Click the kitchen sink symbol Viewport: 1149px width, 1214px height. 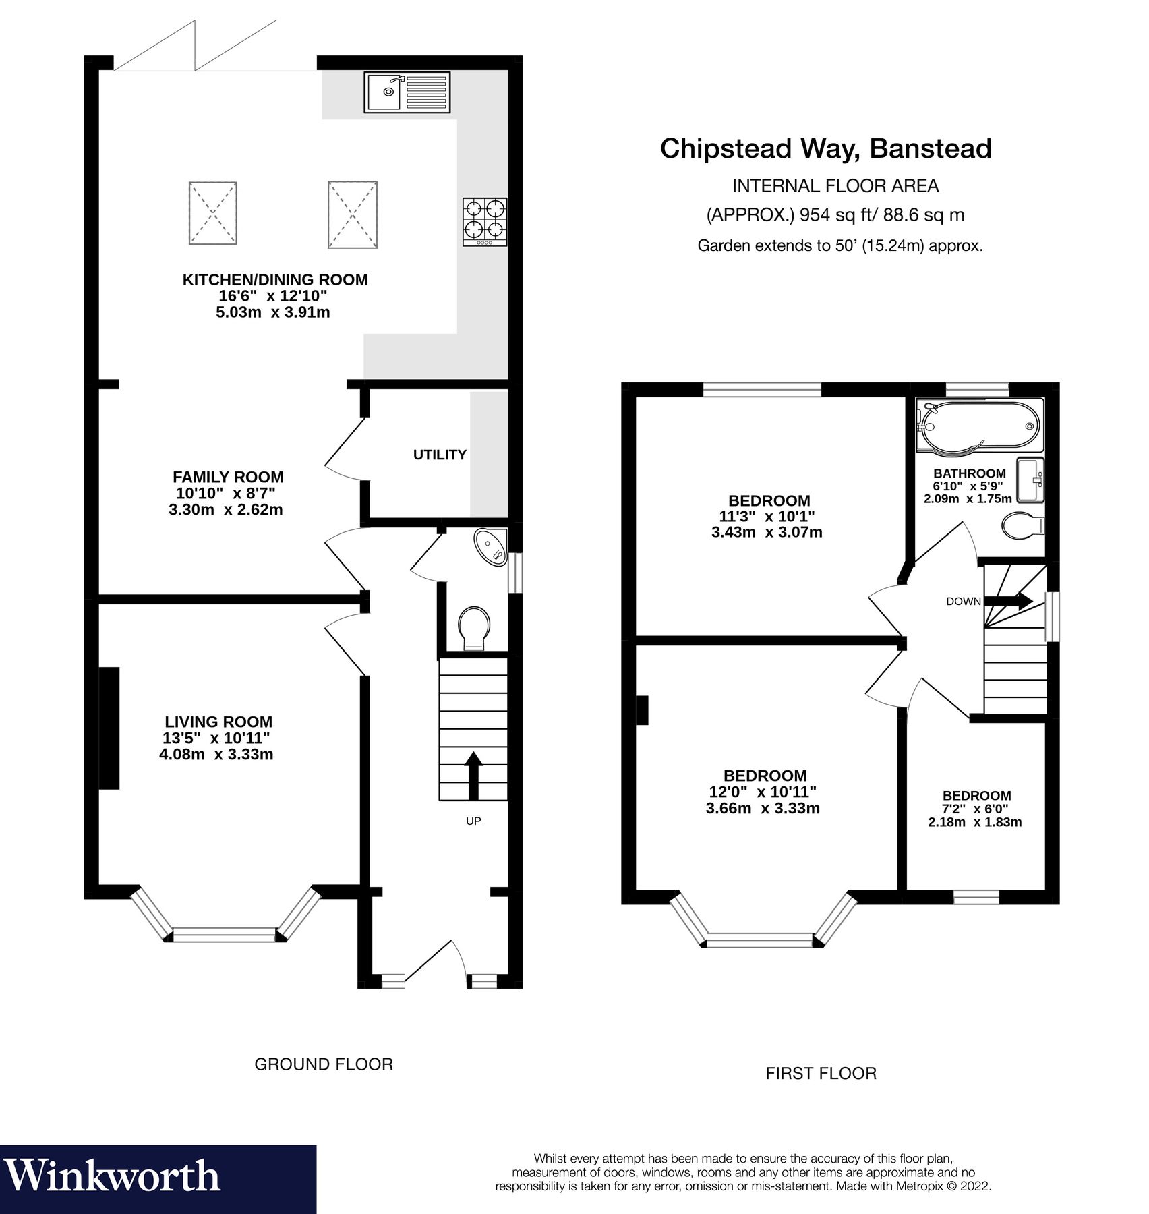tap(407, 92)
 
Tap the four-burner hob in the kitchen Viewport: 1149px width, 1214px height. tap(485, 221)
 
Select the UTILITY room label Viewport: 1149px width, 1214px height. tap(440, 455)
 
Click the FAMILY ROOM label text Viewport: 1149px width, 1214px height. tap(228, 477)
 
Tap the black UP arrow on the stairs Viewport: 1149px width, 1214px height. tap(473, 775)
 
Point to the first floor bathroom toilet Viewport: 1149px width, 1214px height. tap(1022, 525)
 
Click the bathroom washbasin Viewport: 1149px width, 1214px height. tap(1030, 480)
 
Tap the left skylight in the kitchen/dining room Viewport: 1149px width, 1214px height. tap(212, 213)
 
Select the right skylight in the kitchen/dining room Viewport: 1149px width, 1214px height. tap(353, 214)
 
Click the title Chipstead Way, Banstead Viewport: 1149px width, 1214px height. tap(825, 148)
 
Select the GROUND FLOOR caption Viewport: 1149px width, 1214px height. tap(323, 1064)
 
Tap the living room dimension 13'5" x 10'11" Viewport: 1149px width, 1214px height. tap(216, 738)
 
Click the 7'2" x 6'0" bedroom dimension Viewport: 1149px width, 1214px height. tap(974, 809)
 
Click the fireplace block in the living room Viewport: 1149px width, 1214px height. tap(109, 728)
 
